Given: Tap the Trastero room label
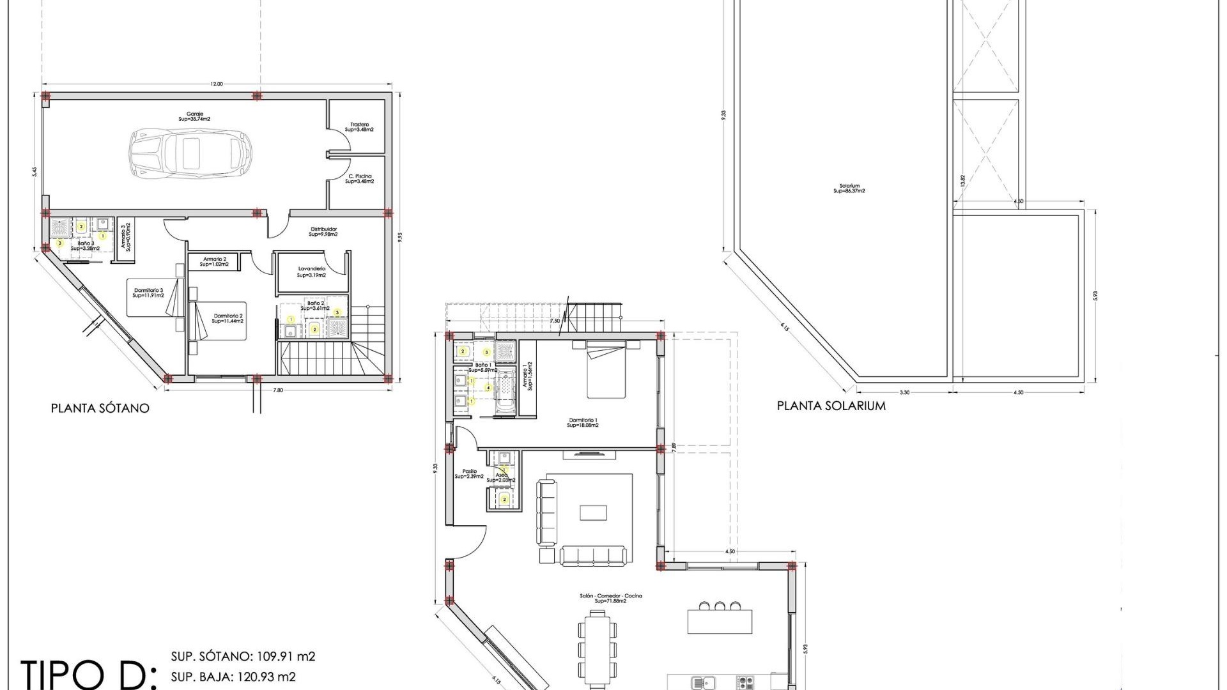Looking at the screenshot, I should tap(359, 127).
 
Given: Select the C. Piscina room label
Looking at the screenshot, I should tap(360, 179).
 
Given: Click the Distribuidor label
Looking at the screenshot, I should tap(323, 231).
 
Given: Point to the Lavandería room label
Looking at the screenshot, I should tap(311, 272).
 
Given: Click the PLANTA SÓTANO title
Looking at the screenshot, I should tap(100, 408).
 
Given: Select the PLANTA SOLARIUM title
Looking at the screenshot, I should tap(831, 406).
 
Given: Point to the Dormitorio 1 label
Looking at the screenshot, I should tap(582, 422).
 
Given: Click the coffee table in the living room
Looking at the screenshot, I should tap(594, 513).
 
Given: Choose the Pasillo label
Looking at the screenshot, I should tap(469, 474).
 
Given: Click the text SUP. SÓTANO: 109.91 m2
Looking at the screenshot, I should tap(243, 657).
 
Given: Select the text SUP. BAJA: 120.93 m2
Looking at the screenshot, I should tap(233, 677).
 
